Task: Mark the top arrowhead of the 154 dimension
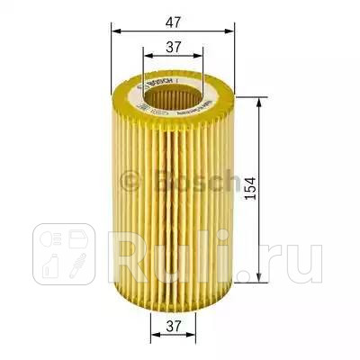click(x=260, y=103)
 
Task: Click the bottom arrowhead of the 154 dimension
click(x=260, y=274)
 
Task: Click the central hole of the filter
click(x=172, y=91)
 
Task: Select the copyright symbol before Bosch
click(x=128, y=184)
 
